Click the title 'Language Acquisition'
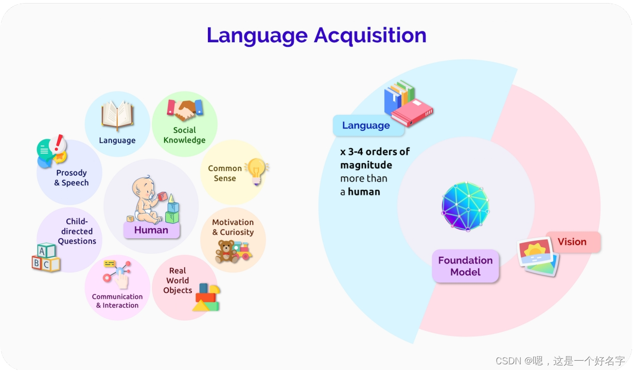[x=316, y=36]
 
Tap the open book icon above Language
[x=117, y=114]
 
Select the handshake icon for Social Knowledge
[x=185, y=109]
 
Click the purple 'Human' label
[x=151, y=230]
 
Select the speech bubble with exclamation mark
[x=52, y=150]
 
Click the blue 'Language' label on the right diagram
[x=366, y=126]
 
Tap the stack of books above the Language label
[x=408, y=104]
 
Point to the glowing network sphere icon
[x=465, y=206]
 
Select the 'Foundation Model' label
[x=465, y=266]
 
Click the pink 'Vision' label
[x=572, y=242]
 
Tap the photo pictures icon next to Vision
[x=538, y=256]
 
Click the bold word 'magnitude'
[x=366, y=165]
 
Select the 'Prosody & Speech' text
[x=72, y=178]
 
